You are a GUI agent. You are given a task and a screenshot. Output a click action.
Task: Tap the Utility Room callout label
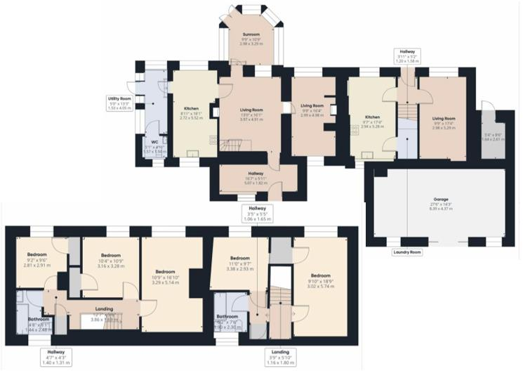pyautogui.click(x=119, y=103)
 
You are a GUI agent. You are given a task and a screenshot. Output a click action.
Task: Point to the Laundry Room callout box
pyautogui.click(x=406, y=251)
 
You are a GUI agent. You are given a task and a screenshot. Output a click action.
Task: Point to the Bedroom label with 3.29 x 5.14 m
pyautogui.click(x=165, y=277)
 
